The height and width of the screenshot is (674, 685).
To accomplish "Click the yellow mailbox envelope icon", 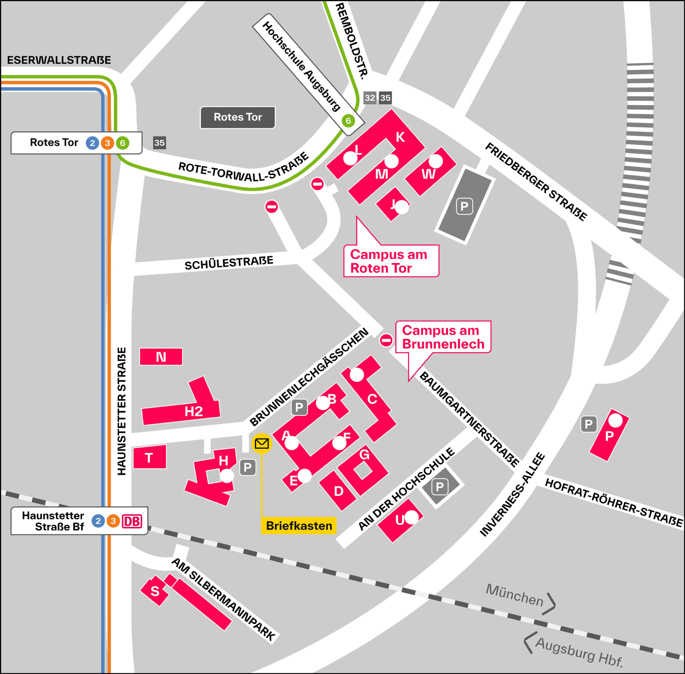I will pos(262,443).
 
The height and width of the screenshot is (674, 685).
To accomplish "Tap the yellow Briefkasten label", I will pos(299,526).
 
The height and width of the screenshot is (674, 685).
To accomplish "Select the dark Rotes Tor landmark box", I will pos(238,117).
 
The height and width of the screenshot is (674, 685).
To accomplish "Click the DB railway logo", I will pos(132,521).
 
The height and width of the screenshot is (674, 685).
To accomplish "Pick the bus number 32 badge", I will pos(370,98).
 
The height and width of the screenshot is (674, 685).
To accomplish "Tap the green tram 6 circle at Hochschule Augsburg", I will pos(348,121).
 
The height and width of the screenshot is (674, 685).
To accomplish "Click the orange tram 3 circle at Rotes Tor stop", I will pos(107,143).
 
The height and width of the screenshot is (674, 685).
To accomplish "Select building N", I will pos(161,357).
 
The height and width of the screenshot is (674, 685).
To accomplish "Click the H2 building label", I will pos(194,411).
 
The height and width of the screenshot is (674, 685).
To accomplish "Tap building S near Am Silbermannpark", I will pos(155,591).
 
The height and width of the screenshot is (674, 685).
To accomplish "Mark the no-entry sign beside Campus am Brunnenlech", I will pos(386,340).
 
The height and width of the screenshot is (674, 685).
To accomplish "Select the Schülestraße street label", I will pos(229,263).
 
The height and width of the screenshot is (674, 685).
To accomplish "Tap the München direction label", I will pos(514,595).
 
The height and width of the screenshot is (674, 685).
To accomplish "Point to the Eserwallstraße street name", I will pos(59,60).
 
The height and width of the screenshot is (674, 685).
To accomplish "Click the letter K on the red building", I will pos(400,137).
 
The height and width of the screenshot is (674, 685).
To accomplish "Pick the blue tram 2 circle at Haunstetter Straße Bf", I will pos(98,521).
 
